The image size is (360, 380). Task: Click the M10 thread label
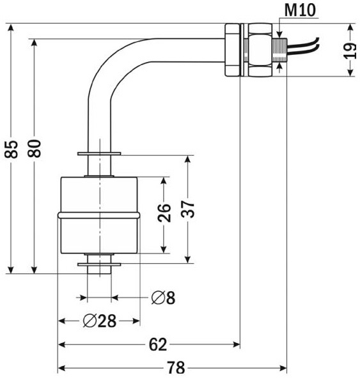coord(300,10)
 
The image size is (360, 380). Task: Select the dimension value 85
coord(12,149)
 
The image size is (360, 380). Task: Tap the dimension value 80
coord(34,149)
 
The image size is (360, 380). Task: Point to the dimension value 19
coord(350,51)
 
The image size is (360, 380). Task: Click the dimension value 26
coord(164,213)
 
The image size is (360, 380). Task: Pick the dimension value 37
coord(188,209)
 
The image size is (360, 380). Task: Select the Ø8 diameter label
coord(163,298)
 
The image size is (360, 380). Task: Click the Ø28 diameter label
coord(100,321)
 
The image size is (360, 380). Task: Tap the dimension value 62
coord(158,344)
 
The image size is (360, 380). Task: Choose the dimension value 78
coord(176,367)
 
